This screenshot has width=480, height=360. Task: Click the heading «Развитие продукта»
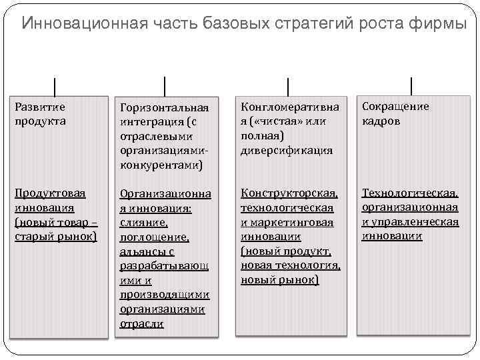pos(41,113)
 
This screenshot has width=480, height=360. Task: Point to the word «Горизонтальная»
pos(164,107)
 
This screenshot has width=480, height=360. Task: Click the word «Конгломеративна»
pos(289,107)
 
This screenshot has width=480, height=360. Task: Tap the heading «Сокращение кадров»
pos(395,113)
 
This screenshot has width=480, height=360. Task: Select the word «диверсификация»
pos(286,150)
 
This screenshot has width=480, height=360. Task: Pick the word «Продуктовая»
pos(51,193)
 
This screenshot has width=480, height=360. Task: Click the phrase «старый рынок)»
pos(56,237)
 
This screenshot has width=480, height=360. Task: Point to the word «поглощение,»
pos(155,237)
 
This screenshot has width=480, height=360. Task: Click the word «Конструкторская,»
pos(289,193)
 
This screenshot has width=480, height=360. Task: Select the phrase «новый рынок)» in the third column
pos(279,280)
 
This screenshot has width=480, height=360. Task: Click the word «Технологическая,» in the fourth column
pos(410,193)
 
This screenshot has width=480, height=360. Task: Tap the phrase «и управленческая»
pos(410,222)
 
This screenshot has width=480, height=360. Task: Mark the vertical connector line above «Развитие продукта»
pos(54,87)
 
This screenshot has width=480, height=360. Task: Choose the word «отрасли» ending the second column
pos(141,324)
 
